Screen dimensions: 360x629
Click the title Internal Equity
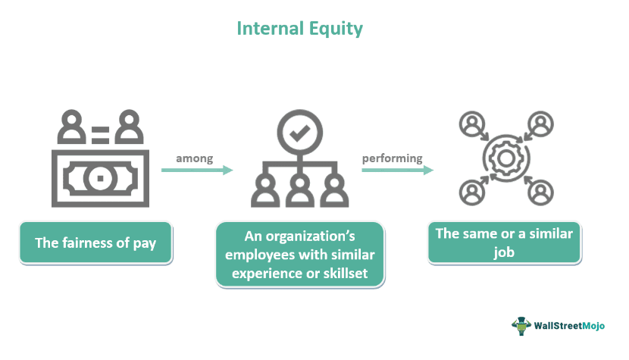[300, 29]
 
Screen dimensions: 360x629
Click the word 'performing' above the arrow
[392, 158]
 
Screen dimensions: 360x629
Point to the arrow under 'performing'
[397, 171]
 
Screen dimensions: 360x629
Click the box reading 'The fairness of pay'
[95, 243]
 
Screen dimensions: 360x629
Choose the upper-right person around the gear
[540, 124]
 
